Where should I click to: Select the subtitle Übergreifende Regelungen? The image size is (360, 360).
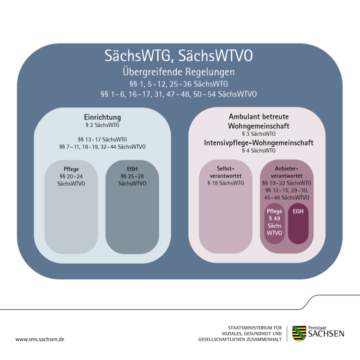point(179,72)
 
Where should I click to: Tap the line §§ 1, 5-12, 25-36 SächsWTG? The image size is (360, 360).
point(179,84)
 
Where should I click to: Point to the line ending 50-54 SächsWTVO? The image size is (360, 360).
point(179,94)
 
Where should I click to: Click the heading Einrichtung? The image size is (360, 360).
point(102,118)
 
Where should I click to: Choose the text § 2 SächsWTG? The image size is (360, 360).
point(102,125)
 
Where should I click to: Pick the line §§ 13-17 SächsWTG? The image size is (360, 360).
point(102,139)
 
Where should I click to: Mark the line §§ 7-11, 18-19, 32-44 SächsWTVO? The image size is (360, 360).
point(102,147)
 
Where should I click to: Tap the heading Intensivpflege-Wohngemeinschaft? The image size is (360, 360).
point(258,143)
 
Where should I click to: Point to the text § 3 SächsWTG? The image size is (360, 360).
point(258,134)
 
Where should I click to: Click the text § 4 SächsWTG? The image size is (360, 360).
point(258,151)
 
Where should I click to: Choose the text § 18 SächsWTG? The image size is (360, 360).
point(226,183)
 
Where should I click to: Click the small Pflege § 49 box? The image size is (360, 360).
point(275,222)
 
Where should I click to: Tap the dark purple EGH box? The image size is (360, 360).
point(298,224)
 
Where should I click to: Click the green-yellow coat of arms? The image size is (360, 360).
point(298,333)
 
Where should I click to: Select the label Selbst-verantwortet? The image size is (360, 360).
point(226,172)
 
